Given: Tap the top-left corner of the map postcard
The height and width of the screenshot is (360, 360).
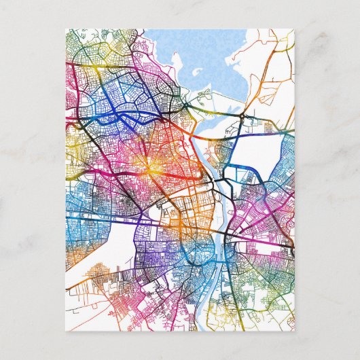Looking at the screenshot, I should click(66, 29).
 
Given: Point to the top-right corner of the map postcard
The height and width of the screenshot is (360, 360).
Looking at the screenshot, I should click(295, 29).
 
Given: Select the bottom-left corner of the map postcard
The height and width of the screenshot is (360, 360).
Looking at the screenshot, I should click(66, 331).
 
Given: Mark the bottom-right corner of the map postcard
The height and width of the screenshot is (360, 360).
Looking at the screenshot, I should click(295, 331).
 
